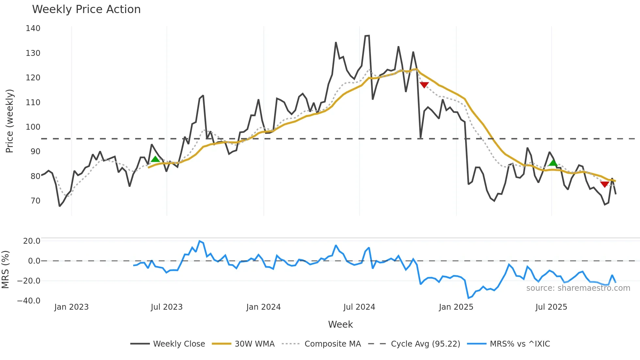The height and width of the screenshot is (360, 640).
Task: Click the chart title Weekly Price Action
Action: (86, 9)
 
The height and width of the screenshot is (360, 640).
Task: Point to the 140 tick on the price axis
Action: (33, 28)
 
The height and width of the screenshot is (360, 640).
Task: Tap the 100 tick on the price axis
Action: (33, 127)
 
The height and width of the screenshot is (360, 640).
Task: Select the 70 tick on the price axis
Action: (35, 201)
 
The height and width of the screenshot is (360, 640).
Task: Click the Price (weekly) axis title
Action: (9, 121)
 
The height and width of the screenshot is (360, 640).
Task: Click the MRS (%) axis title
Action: (5, 270)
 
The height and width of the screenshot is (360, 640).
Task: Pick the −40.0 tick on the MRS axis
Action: (29, 301)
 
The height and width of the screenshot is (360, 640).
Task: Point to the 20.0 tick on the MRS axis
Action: (32, 241)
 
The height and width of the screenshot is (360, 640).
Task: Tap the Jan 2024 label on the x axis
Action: (263, 307)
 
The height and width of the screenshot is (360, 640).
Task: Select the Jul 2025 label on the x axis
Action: (551, 307)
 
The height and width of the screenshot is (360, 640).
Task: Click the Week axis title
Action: (340, 324)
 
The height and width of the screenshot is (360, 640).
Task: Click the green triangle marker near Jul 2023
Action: (155, 159)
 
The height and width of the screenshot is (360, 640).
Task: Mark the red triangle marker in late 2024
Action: (424, 85)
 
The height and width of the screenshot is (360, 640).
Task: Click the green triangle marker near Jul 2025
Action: (553, 163)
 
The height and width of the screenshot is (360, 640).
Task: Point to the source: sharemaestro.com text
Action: (578, 288)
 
